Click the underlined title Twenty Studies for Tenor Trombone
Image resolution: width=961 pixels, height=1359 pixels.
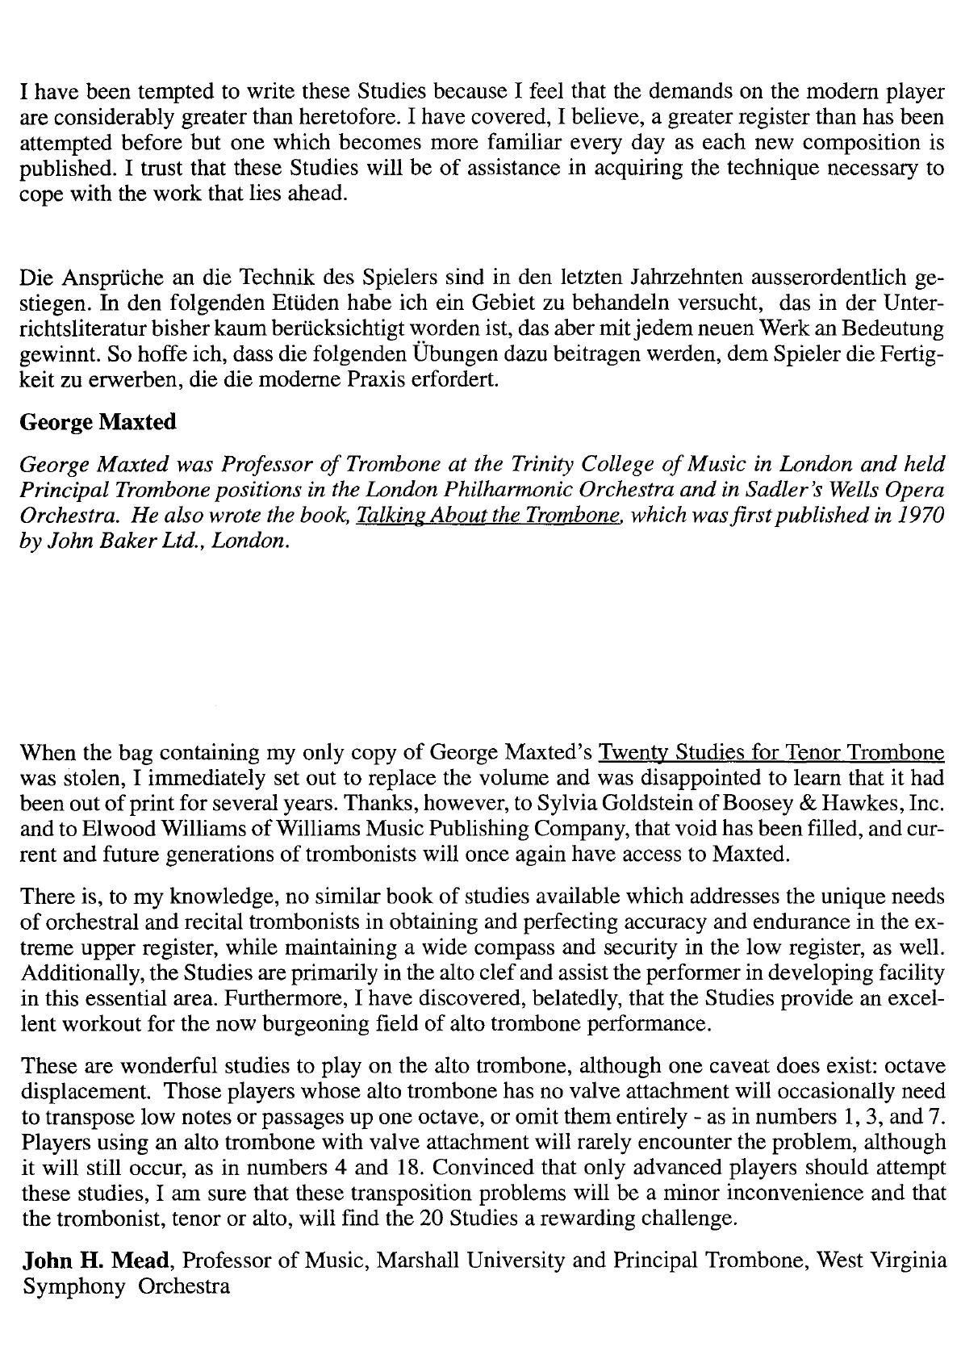coord(771,753)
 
